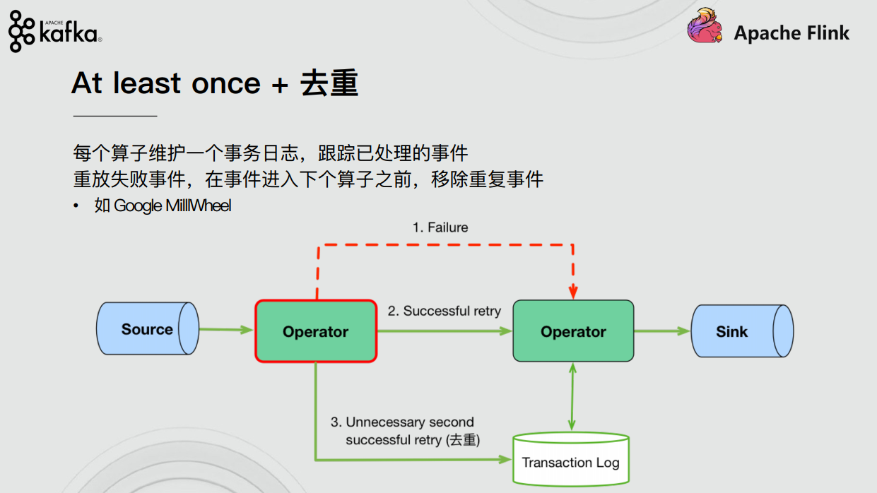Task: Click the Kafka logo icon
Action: pyautogui.click(x=21, y=32)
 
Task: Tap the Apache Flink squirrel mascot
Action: pyautogui.click(x=705, y=28)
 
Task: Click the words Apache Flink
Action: pyautogui.click(x=791, y=32)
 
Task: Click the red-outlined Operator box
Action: pyautogui.click(x=316, y=331)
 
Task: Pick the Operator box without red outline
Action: pyautogui.click(x=573, y=331)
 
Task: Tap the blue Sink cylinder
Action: pyautogui.click(x=741, y=331)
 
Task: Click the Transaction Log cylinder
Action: pyautogui.click(x=570, y=460)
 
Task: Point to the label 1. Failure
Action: pyautogui.click(x=440, y=227)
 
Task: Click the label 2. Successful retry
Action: pyautogui.click(x=445, y=311)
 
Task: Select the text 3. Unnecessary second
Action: pyautogui.click(x=403, y=422)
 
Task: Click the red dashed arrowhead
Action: pyautogui.click(x=573, y=292)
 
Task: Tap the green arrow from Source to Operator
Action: pyautogui.click(x=226, y=329)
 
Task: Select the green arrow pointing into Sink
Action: pyautogui.click(x=662, y=331)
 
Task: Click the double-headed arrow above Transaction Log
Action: pyautogui.click(x=573, y=397)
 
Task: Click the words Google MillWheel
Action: pyautogui.click(x=173, y=206)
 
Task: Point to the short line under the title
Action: pyautogui.click(x=115, y=115)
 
